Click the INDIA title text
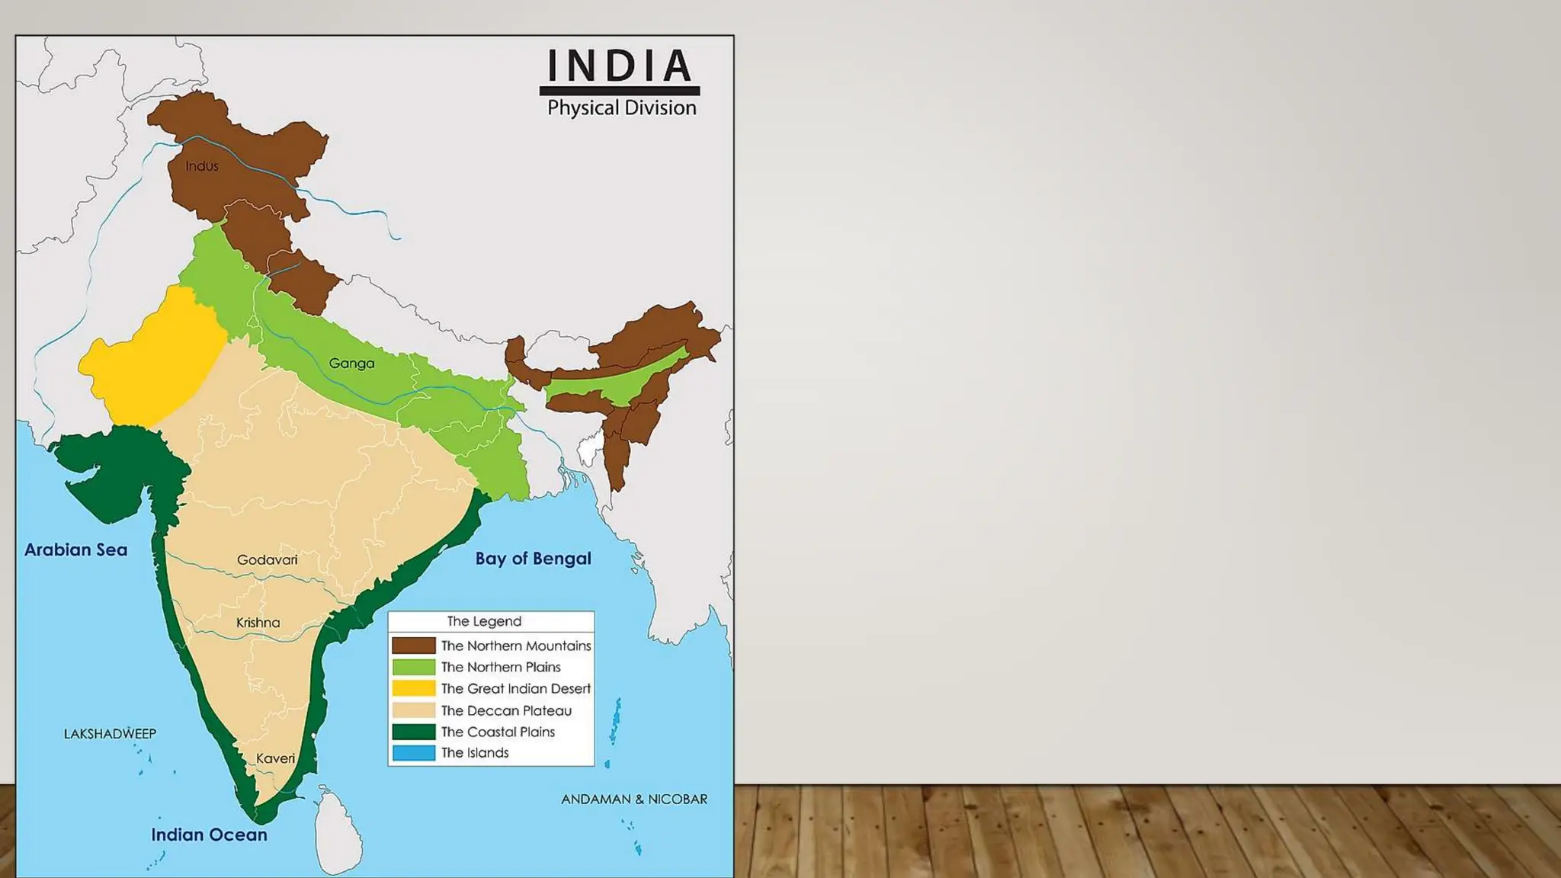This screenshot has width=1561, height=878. click(620, 66)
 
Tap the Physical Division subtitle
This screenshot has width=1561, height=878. click(621, 108)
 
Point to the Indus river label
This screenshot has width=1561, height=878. click(202, 166)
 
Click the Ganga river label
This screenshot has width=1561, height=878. click(351, 364)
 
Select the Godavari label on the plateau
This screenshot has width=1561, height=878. click(267, 560)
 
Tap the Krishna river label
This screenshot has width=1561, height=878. click(258, 623)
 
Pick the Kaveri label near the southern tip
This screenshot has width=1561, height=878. click(275, 758)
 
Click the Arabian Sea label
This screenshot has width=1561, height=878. click(75, 550)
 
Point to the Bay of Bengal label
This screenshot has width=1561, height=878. click(533, 559)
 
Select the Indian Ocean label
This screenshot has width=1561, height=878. click(209, 835)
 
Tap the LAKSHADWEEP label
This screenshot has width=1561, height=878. click(110, 734)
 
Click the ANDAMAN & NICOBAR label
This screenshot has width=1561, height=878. click(634, 799)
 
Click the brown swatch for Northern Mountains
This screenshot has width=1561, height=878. click(414, 646)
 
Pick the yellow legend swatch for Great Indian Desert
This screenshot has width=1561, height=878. click(414, 688)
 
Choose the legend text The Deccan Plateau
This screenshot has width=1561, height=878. click(506, 710)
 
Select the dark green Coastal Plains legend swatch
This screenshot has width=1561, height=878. click(414, 732)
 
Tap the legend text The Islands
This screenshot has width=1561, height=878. click(475, 753)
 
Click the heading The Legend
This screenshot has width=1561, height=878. click(484, 621)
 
